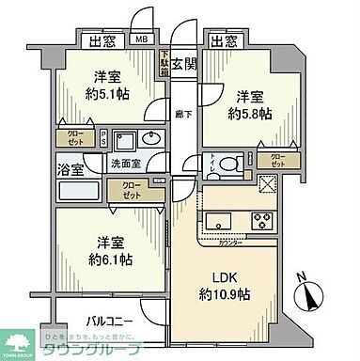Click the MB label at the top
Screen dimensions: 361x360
click(x=141, y=39)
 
